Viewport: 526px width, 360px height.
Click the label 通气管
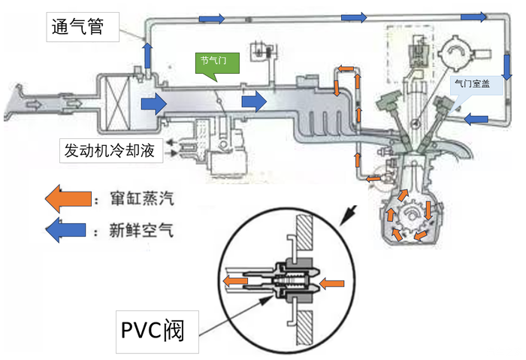[83, 29]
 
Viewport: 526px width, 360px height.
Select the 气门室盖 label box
[472, 86]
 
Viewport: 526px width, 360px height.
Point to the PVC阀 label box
[158, 331]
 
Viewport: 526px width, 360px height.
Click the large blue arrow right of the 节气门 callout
[254, 101]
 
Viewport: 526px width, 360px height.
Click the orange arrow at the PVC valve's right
[331, 283]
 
